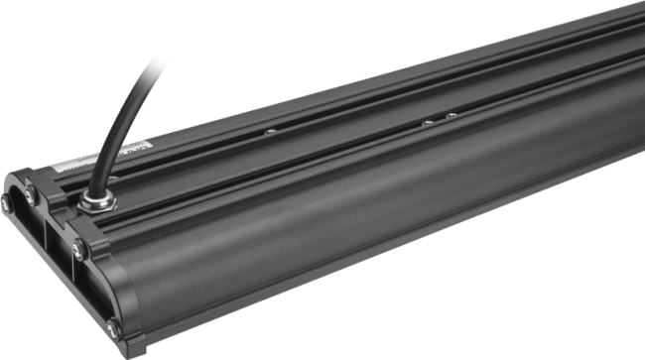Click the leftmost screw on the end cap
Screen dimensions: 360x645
[5, 203]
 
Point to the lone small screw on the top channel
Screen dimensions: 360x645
[269, 129]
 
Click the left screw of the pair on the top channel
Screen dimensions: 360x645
[427, 122]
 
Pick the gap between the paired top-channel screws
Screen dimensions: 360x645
[439, 119]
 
